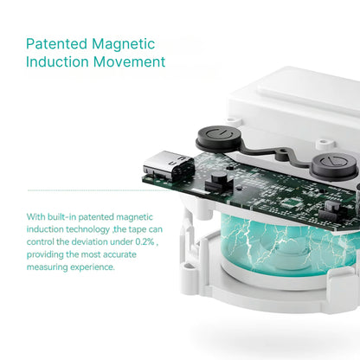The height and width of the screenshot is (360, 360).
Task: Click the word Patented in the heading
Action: [x=56, y=44]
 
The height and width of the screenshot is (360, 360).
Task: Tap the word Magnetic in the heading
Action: [x=124, y=44]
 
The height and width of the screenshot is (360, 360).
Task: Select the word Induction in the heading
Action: [x=57, y=61]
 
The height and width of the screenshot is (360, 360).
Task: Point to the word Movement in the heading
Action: [x=130, y=61]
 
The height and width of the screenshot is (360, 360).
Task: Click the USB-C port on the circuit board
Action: [x=169, y=166]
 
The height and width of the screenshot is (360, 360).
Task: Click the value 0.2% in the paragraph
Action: [x=145, y=241]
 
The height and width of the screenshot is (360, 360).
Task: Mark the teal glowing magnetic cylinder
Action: [x=286, y=245]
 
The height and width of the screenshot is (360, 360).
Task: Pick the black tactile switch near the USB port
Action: [x=218, y=181]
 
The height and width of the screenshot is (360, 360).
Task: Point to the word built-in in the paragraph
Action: [x=61, y=217]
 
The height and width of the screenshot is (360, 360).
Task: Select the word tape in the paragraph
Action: [x=137, y=230]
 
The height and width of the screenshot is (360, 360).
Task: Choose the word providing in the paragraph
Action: [x=45, y=255]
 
